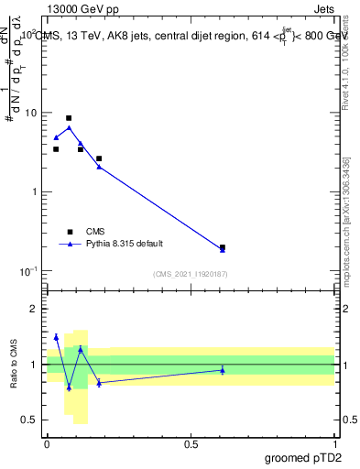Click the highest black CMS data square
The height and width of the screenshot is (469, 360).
pyautogui.click(x=69, y=118)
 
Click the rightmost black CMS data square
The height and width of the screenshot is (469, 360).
pyautogui.click(x=223, y=247)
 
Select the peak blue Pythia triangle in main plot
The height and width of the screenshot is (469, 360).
pyautogui.click(x=69, y=128)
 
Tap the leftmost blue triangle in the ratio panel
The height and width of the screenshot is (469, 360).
pyautogui.click(x=56, y=337)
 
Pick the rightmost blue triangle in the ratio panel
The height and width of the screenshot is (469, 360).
pyautogui.click(x=223, y=370)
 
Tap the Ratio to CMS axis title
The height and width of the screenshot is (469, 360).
pyautogui.click(x=13, y=365)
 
